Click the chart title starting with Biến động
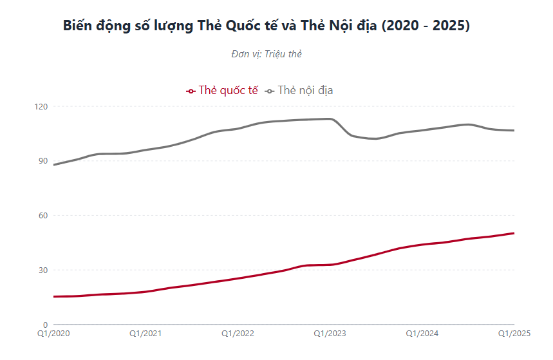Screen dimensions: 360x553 (267, 26)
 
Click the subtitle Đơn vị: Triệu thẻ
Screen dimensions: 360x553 (267, 54)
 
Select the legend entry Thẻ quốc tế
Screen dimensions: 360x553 (228, 90)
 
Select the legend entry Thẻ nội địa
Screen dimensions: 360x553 (305, 90)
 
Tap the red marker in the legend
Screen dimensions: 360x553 (191, 91)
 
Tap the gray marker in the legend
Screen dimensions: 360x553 (270, 91)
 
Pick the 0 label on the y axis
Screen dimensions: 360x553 (45, 325)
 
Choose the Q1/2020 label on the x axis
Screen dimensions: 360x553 (54, 334)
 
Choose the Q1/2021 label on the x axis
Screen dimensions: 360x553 (146, 334)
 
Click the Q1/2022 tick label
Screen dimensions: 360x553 (238, 334)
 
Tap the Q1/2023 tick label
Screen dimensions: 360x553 (330, 334)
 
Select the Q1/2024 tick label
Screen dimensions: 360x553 (422, 334)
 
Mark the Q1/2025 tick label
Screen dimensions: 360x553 (513, 334)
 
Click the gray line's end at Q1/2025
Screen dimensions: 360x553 (514, 131)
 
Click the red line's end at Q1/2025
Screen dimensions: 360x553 (514, 233)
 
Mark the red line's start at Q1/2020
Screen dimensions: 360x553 (55, 297)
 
